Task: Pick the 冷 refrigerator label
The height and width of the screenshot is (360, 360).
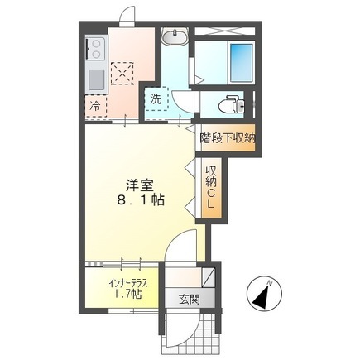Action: coord(95,106)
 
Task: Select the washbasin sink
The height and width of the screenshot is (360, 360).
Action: coord(175,37)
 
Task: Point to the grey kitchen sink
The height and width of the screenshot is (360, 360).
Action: coord(94,79)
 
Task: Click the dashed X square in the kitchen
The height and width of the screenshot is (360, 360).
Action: coord(124,73)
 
